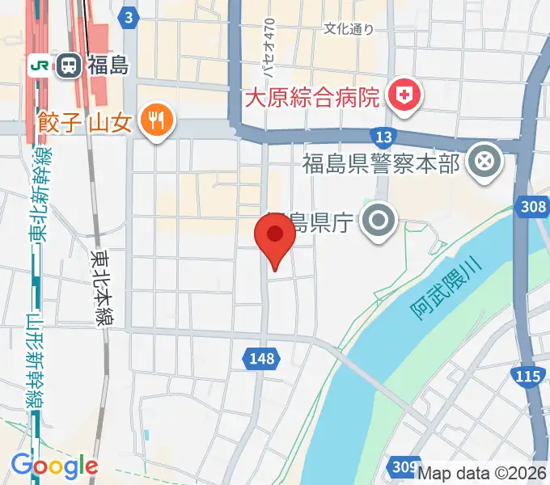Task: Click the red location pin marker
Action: (275, 236)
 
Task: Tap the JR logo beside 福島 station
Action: (38, 65)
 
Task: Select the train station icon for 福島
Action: (68, 65)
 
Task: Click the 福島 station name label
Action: (108, 65)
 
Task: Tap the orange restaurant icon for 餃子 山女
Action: (154, 121)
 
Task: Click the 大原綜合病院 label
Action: (313, 99)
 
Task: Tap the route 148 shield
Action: (262, 357)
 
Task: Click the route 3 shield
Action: (128, 16)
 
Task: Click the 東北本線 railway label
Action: (103, 289)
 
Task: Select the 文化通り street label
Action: (349, 29)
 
